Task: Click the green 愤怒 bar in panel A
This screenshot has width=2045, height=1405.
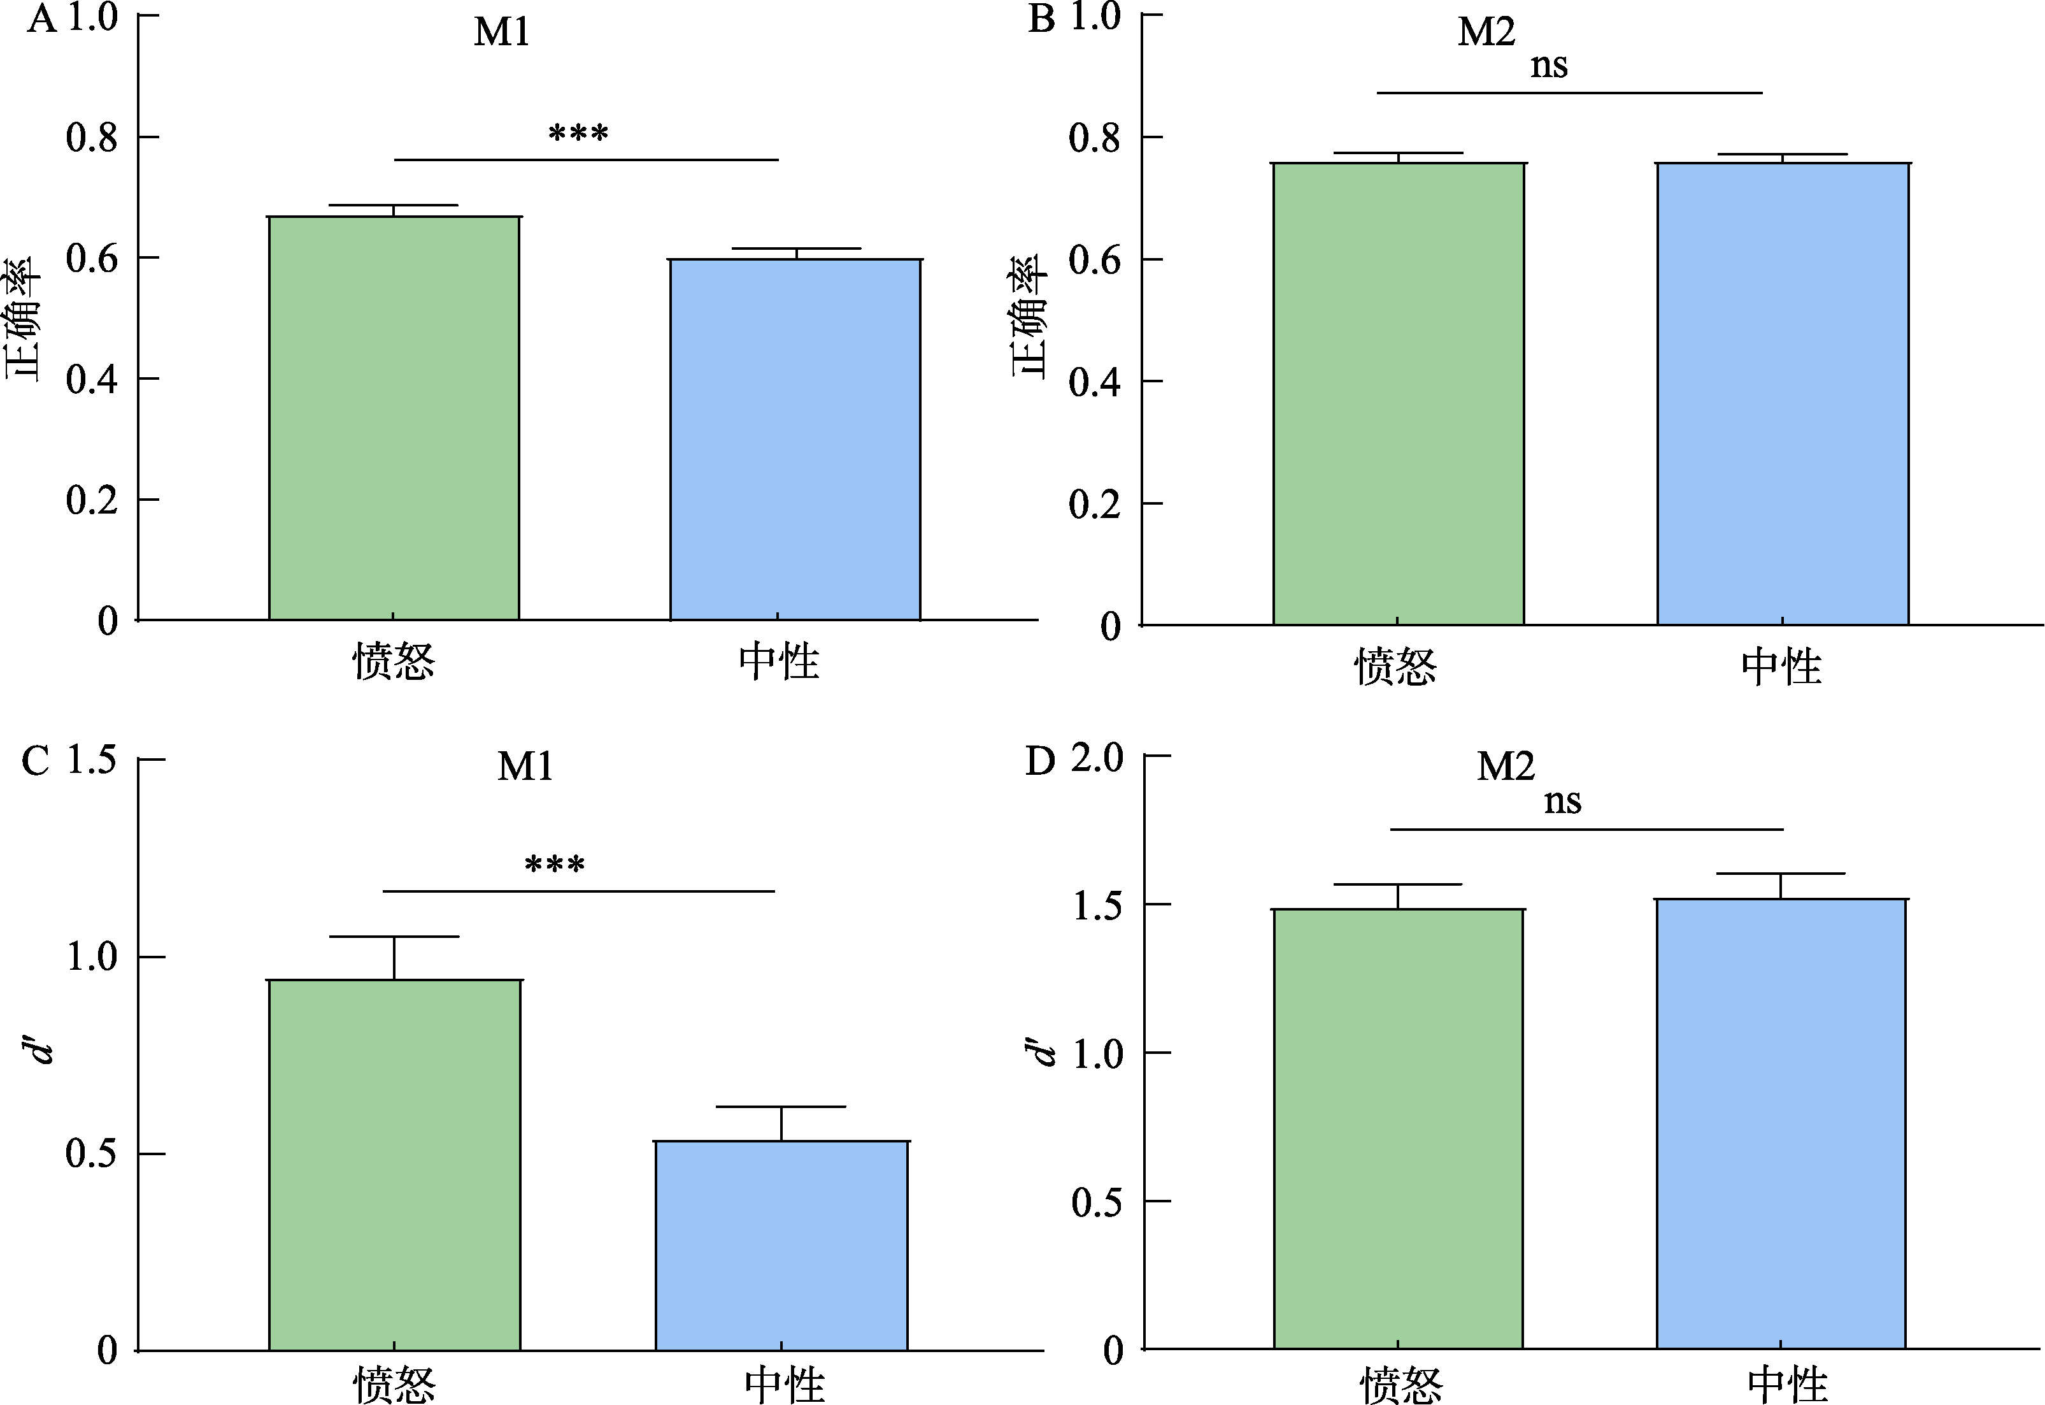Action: coord(394,418)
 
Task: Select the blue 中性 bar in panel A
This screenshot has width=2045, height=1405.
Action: coord(795,440)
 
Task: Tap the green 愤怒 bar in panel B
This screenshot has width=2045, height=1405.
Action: coord(1398,394)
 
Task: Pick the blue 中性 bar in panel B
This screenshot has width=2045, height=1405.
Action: coord(1783,394)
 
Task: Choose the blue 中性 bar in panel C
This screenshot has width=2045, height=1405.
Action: coord(781,1246)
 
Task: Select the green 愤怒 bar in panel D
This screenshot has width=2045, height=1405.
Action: coord(1398,1128)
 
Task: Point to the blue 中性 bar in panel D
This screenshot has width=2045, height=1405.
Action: coord(1781,1124)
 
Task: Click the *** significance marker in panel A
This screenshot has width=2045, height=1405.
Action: coord(578,134)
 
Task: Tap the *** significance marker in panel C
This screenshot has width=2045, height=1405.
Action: coord(554,865)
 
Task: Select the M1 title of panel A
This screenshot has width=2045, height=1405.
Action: coord(502,32)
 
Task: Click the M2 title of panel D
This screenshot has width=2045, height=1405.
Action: coord(1506,766)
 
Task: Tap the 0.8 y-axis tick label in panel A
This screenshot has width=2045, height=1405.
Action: coord(92,138)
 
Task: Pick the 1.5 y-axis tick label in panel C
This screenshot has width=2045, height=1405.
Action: coord(92,759)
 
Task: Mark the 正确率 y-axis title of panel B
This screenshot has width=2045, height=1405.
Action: coord(1028,318)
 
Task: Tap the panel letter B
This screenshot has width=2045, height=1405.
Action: coord(1041,18)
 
